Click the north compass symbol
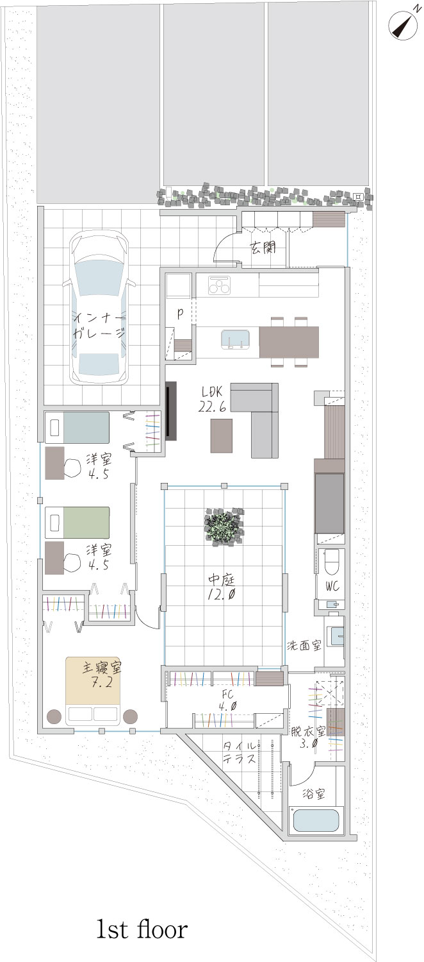404,24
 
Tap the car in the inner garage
99,308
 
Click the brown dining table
289,342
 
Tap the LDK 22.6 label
212,400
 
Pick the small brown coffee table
221,435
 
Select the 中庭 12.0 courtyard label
222,587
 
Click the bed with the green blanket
77,522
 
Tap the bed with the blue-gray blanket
77,427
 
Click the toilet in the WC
331,561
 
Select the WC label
332,586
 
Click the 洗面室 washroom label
304,645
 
